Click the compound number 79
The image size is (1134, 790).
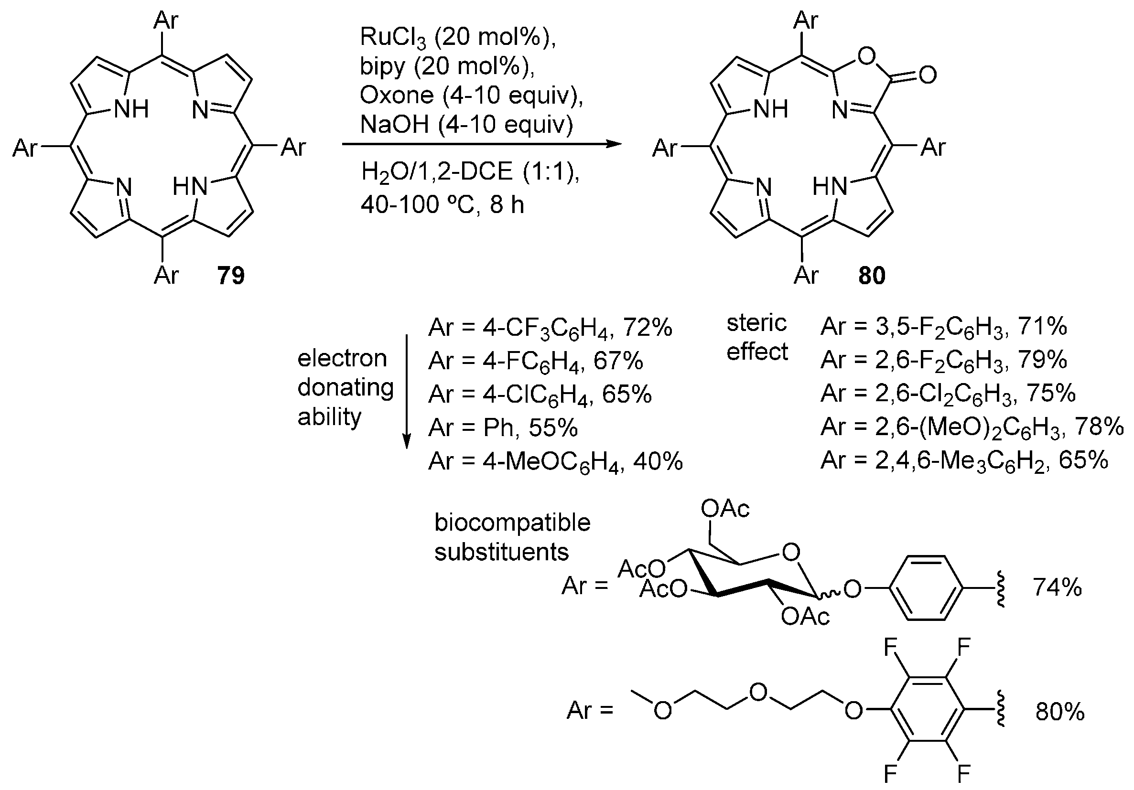pos(231,275)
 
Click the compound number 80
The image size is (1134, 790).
pos(872,275)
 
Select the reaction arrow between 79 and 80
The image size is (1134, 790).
pos(482,145)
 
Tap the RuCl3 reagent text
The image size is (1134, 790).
pos(393,38)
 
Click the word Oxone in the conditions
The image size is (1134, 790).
pos(397,95)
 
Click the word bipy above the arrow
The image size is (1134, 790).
pos(382,66)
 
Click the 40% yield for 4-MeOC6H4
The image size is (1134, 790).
pos(658,461)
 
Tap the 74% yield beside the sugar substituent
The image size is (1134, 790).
pos(1057,587)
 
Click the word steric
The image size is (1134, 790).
pos(756,323)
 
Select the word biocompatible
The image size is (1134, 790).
pos(512,523)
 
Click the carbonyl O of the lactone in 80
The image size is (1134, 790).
pos(928,75)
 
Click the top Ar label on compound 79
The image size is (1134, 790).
pos(165,21)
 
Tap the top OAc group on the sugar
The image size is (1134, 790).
pos(725,509)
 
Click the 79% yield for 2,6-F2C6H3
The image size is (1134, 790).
pos(1043,361)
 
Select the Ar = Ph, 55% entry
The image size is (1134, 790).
pos(503,427)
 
